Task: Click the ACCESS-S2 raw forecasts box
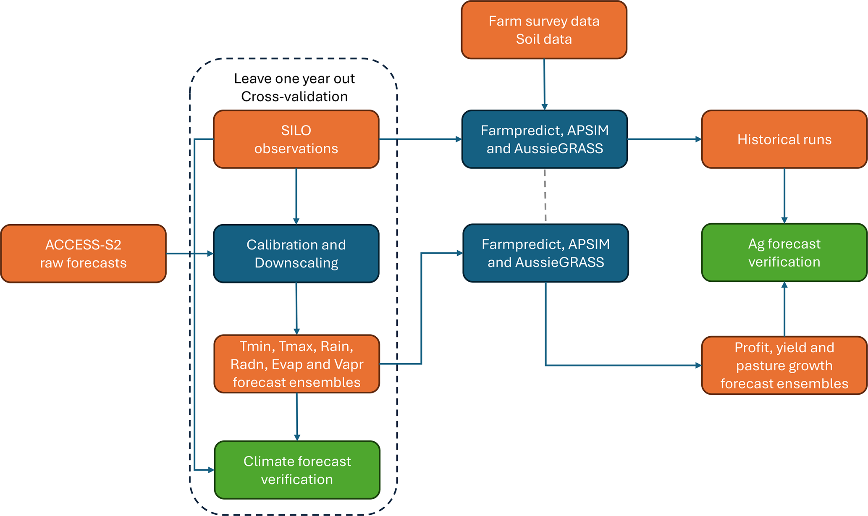click(83, 254)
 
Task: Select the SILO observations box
click(296, 139)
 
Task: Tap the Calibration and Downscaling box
click(296, 254)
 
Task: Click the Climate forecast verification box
click(297, 470)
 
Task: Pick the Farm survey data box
click(544, 30)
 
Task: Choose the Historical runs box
click(784, 139)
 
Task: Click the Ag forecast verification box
click(784, 252)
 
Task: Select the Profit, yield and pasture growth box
click(784, 365)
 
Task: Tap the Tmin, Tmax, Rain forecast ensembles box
click(296, 364)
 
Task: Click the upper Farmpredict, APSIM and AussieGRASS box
click(545, 139)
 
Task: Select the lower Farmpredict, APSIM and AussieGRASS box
click(545, 253)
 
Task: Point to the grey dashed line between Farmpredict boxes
click(545, 196)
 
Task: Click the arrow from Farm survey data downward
click(544, 84)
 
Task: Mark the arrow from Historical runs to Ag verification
click(784, 195)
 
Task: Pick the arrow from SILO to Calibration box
click(296, 196)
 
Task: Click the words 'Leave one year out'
click(294, 79)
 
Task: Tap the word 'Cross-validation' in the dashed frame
click(294, 97)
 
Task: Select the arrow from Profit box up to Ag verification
click(784, 309)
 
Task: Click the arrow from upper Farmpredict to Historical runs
click(664, 139)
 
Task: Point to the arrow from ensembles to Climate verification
click(297, 416)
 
